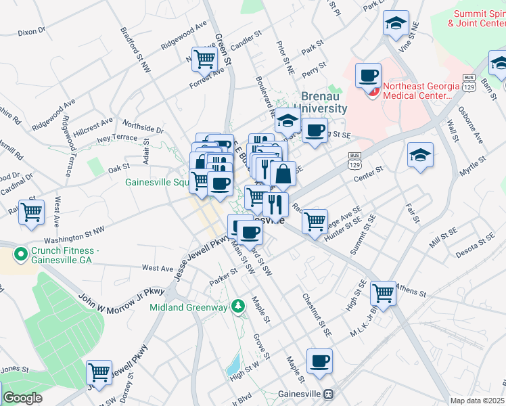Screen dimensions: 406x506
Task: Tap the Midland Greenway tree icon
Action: pos(237,307)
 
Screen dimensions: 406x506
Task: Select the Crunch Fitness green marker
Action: pos(20,254)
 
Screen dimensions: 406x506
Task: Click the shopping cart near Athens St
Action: pos(383,292)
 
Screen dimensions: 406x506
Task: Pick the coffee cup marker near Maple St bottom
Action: pos(319,361)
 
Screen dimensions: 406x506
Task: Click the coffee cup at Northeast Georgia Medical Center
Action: pos(368,75)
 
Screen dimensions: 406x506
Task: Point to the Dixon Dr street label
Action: pos(31,31)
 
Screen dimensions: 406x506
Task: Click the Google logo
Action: pos(22,398)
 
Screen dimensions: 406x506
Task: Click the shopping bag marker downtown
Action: pos(283,174)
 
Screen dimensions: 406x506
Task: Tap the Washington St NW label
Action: pos(74,235)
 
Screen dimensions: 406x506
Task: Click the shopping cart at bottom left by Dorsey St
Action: pos(99,371)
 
